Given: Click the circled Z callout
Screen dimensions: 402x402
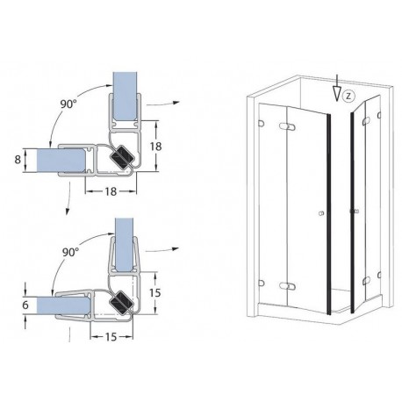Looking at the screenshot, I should coord(348,94).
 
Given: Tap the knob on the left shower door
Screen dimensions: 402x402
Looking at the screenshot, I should coord(322,213).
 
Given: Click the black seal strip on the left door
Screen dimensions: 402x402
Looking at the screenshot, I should coord(329,211).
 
